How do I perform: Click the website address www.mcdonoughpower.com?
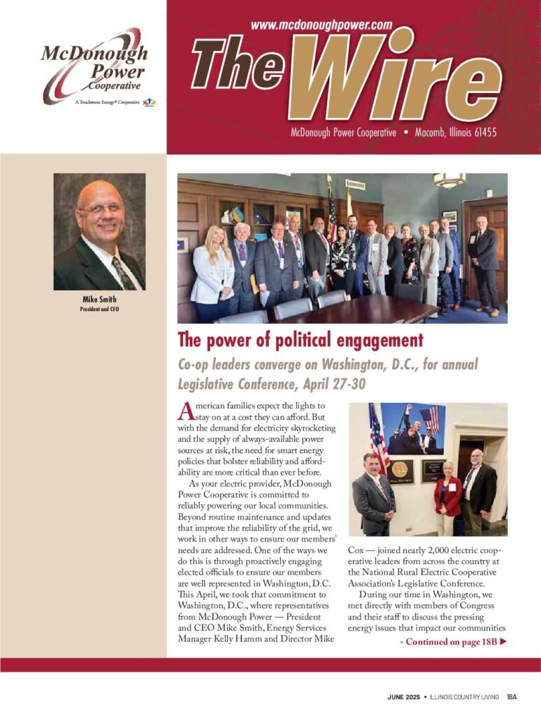(321, 24)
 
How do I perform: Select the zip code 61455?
(482, 131)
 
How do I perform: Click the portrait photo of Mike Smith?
(99, 231)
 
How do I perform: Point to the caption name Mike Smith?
(99, 300)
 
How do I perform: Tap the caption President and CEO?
(99, 308)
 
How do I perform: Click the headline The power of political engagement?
(301, 341)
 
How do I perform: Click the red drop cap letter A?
(185, 411)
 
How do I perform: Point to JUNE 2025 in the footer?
(403, 696)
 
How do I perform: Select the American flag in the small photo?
(378, 437)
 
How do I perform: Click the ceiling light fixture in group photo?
(449, 180)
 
